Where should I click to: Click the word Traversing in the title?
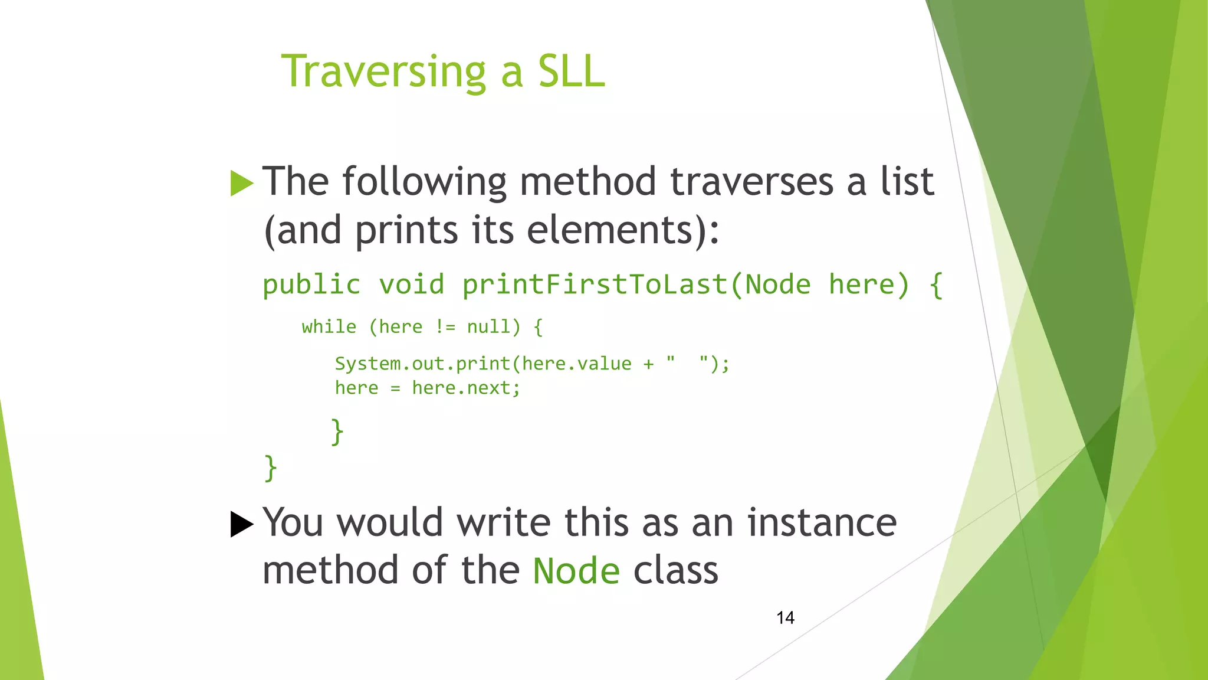point(383,72)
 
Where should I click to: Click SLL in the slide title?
point(571,72)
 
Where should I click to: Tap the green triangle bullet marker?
point(241,183)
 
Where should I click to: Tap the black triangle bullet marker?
point(241,524)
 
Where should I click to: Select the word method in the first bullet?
point(587,182)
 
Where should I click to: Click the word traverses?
point(752,182)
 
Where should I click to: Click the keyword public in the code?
point(311,285)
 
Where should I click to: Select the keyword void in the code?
point(411,285)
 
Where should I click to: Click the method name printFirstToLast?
point(595,285)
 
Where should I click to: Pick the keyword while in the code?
point(329,327)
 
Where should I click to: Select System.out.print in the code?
point(422,364)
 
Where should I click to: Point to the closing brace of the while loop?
point(337,431)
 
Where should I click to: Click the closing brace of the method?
point(270,468)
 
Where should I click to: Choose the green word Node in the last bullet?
point(576,571)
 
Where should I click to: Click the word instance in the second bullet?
point(822,523)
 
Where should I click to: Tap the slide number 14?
point(785,618)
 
